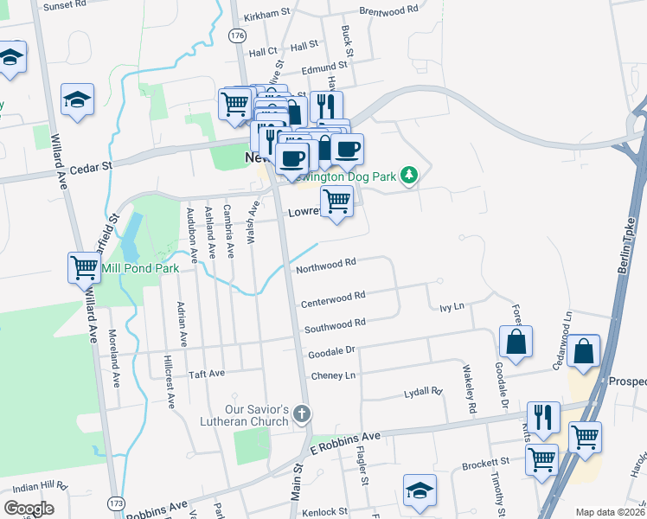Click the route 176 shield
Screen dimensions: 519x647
(238, 35)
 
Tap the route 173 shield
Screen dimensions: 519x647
(116, 503)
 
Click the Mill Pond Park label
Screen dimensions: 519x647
(140, 269)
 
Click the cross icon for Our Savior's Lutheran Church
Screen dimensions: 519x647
(301, 414)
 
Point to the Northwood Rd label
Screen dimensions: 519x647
(326, 263)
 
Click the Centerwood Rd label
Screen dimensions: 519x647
(333, 299)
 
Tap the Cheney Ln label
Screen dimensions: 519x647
(333, 376)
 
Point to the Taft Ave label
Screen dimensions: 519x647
(207, 374)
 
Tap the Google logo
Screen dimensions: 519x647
(29, 509)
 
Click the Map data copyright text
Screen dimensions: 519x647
(609, 512)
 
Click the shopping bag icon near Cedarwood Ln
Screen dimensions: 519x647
(585, 351)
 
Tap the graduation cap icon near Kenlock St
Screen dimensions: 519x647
(420, 490)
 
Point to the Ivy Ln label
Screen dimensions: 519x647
(452, 307)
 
